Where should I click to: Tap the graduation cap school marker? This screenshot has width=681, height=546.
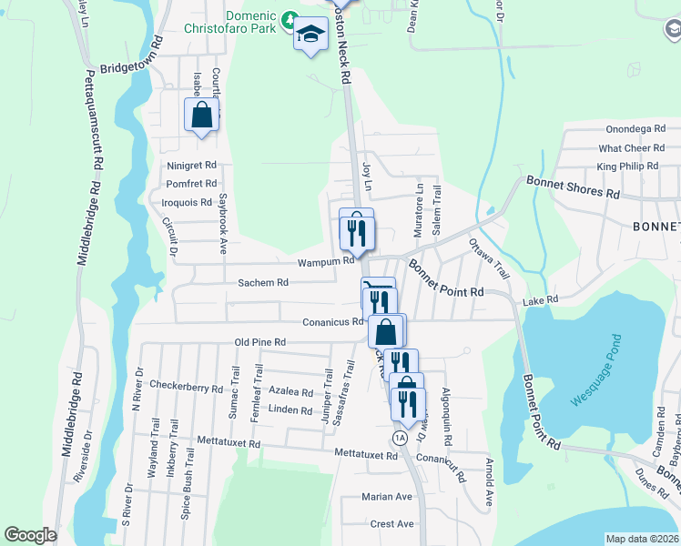pyautogui.click(x=310, y=35)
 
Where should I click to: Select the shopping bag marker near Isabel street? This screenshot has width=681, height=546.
pyautogui.click(x=202, y=116)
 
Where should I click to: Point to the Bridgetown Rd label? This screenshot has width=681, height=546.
pyautogui.click(x=131, y=68)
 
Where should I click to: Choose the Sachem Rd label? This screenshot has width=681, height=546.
pyautogui.click(x=263, y=283)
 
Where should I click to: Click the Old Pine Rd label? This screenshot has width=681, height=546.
pyautogui.click(x=260, y=342)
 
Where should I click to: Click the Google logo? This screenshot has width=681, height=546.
pyautogui.click(x=30, y=535)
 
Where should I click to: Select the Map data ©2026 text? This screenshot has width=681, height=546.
pyautogui.click(x=643, y=538)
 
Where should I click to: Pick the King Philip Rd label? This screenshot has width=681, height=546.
pyautogui.click(x=627, y=167)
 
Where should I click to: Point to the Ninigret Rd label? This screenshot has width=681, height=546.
pyautogui.click(x=191, y=166)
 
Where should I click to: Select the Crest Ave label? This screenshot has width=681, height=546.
pyautogui.click(x=392, y=524)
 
